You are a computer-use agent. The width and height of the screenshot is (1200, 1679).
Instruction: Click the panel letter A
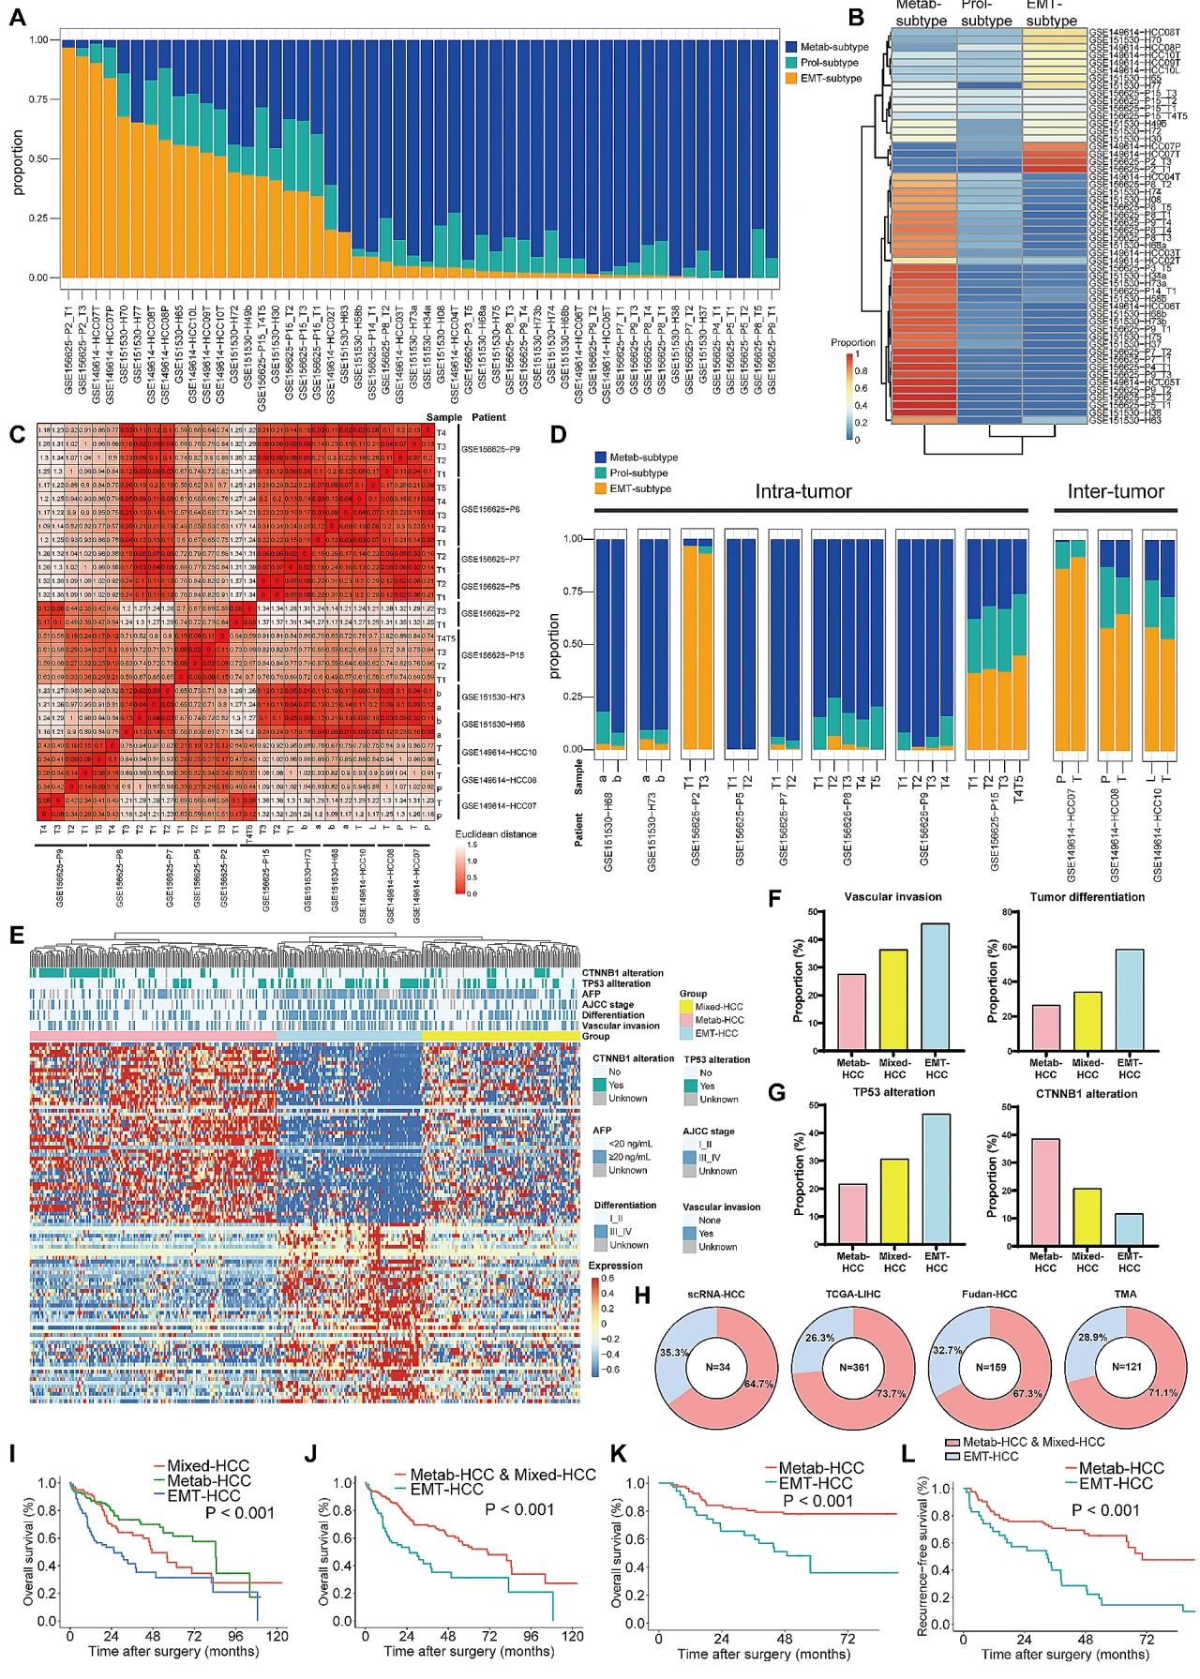pos(18,18)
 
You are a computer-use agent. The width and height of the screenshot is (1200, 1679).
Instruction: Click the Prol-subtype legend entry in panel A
pos(829,63)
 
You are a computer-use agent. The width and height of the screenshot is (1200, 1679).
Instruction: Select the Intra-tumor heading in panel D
pos(803,491)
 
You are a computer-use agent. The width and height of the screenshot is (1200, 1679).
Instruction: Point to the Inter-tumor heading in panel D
pos(1116,491)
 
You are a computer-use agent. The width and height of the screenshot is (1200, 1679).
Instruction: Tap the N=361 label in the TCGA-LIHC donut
pos(854,1367)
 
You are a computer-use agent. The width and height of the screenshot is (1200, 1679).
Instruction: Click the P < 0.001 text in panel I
pos(239,1512)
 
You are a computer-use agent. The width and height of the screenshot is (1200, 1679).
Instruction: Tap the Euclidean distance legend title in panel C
pos(496,833)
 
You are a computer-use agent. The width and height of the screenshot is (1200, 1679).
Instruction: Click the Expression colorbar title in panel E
pos(616,1266)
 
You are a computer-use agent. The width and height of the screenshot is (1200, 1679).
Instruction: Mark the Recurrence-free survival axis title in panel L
pos(923,1564)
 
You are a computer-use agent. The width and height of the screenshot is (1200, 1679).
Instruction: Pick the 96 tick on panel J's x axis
pos(531,1636)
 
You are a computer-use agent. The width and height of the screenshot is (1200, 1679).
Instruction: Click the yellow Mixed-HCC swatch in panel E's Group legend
pos(687,1007)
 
